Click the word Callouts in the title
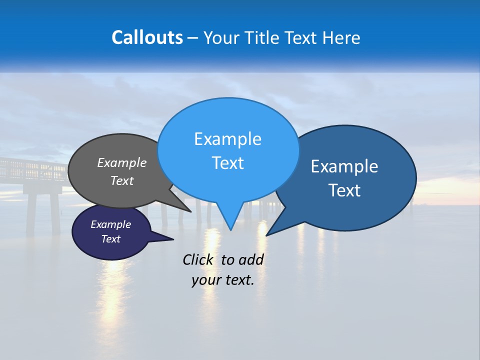pyautogui.click(x=147, y=37)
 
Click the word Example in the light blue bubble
pyautogui.click(x=227, y=139)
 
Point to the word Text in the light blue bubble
pyautogui.click(x=227, y=163)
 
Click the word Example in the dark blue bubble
pyautogui.click(x=344, y=166)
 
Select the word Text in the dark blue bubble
pyautogui.click(x=344, y=190)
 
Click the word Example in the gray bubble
pyautogui.click(x=122, y=162)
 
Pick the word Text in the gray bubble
pyautogui.click(x=122, y=180)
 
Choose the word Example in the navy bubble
pyautogui.click(x=111, y=224)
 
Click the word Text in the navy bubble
pyautogui.click(x=111, y=239)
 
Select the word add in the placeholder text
pyautogui.click(x=251, y=259)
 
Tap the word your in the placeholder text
pyautogui.click(x=205, y=280)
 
